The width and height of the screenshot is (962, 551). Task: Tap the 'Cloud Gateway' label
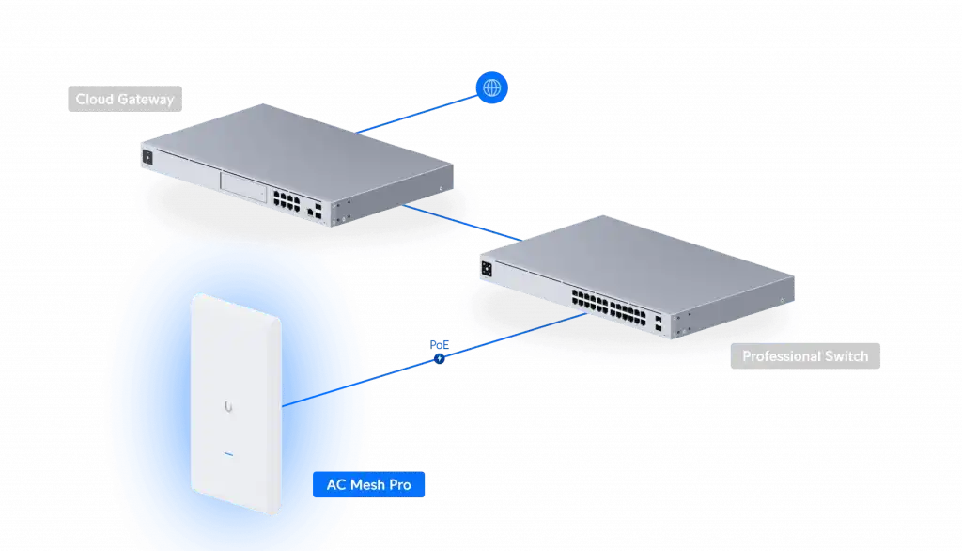[x=124, y=99]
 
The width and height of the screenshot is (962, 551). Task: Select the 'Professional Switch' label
[x=805, y=356]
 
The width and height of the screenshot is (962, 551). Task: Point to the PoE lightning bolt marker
[x=438, y=358]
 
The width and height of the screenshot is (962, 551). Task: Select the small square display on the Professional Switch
[x=487, y=269]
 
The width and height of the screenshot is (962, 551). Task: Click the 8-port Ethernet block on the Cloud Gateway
[x=286, y=197]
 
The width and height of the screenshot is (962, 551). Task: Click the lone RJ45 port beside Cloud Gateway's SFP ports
[x=310, y=213]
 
